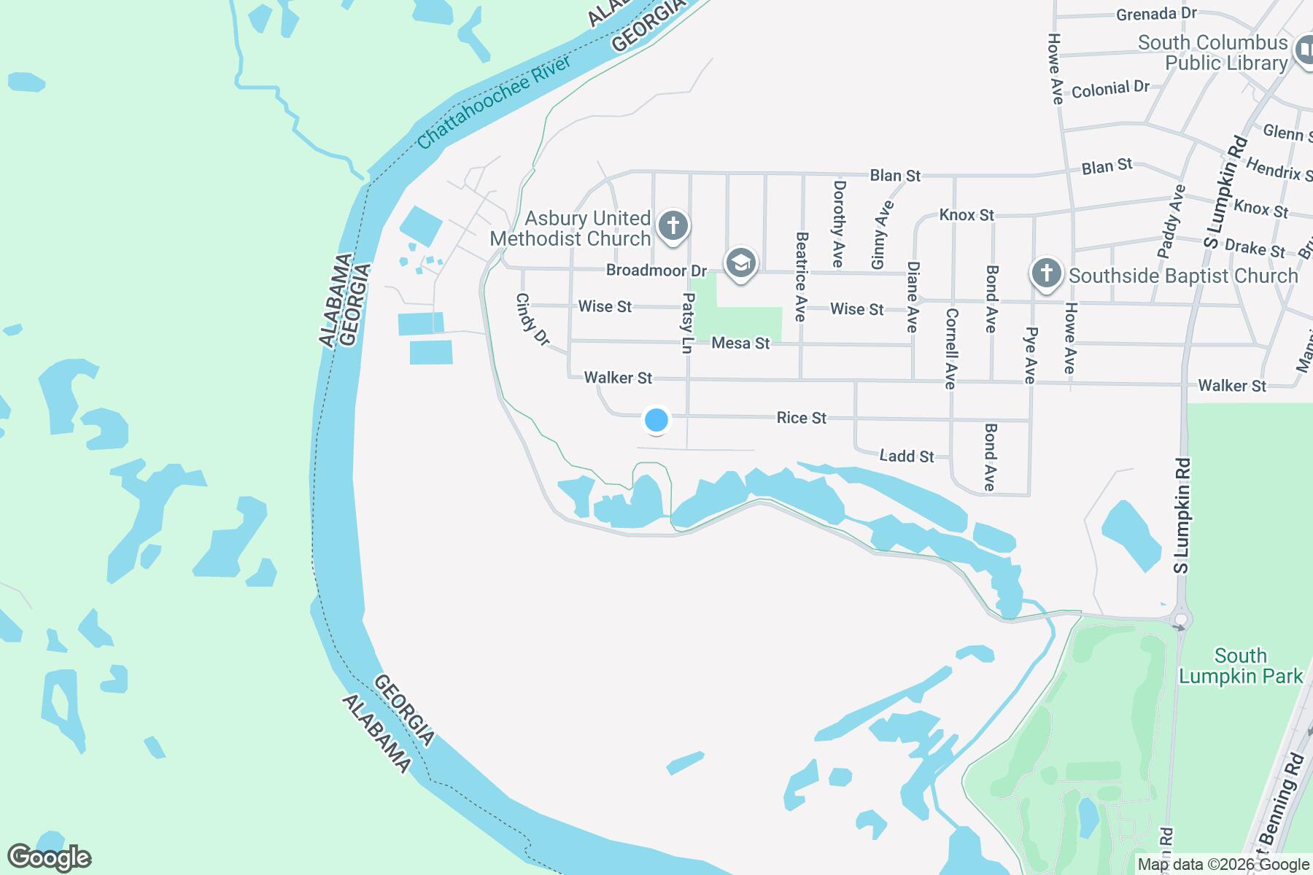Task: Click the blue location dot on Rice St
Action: (x=656, y=420)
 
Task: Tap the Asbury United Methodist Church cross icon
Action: (x=673, y=225)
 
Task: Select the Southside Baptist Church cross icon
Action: (x=1047, y=274)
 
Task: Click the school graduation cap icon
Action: (x=741, y=262)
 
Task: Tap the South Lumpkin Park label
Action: (x=1241, y=666)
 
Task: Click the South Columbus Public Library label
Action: (x=1213, y=53)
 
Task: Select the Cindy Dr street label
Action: (x=532, y=319)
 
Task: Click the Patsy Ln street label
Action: (x=686, y=324)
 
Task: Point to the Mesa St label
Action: (x=740, y=343)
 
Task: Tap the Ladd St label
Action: (x=906, y=456)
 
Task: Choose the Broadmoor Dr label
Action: (x=656, y=271)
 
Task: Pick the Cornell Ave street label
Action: (x=950, y=349)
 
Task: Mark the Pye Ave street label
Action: (x=1029, y=354)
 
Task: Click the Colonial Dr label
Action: (x=1110, y=89)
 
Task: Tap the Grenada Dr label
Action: (x=1146, y=14)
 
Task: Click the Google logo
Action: (x=49, y=857)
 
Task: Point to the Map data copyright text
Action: (x=1223, y=865)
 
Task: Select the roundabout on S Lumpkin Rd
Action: (x=1181, y=621)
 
